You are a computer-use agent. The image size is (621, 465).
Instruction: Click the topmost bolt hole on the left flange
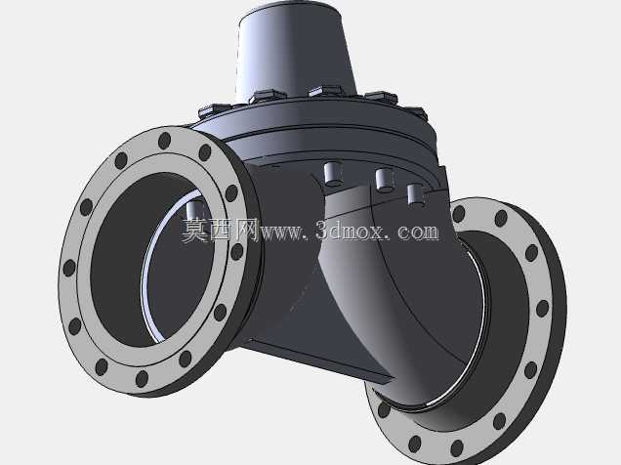click(164, 141)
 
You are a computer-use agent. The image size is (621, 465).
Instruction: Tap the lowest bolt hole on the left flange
click(142, 379)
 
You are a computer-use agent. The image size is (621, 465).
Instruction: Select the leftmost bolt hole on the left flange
click(69, 268)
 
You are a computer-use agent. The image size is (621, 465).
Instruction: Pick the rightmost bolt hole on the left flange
click(237, 251)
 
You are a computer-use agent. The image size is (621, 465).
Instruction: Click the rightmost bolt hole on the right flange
click(543, 308)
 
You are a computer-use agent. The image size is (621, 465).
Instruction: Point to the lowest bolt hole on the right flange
click(457, 448)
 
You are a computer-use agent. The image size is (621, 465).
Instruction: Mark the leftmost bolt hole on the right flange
click(384, 409)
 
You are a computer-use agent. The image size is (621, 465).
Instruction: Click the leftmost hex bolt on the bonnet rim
click(213, 111)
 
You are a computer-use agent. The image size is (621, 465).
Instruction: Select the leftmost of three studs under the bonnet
click(333, 173)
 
